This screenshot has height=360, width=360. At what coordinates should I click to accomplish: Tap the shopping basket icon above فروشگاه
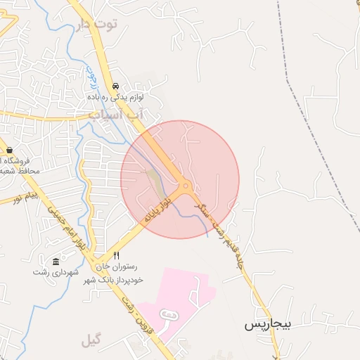[10, 150]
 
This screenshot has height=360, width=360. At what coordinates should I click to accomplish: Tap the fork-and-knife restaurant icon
[116, 256]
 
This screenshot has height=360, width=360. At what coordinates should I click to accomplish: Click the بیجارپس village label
[267, 325]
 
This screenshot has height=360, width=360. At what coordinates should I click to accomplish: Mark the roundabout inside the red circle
[186, 187]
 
